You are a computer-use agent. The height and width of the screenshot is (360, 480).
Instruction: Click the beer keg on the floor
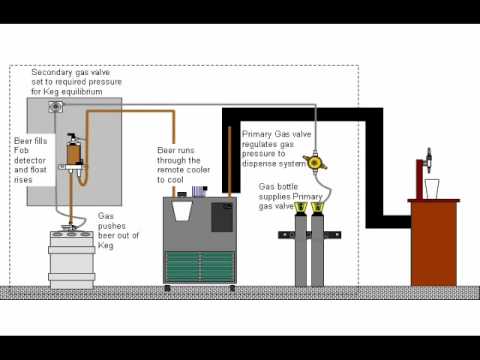coord(72,258)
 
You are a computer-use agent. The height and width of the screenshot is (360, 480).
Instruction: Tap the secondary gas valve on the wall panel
coord(55,107)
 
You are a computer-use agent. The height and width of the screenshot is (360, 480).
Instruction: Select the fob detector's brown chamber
coord(74,153)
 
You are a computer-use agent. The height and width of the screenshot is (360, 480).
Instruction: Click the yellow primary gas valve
coord(314,162)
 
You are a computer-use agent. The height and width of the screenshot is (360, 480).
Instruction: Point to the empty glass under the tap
coord(432,189)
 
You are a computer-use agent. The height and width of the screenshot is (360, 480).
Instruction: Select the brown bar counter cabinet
coord(434,242)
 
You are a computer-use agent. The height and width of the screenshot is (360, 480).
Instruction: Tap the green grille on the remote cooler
coord(200,267)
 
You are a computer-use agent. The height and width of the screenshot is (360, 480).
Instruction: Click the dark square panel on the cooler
coord(222,217)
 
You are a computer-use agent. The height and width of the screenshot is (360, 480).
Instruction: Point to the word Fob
coord(21,150)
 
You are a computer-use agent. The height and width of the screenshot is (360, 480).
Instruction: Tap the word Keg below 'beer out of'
coord(106,246)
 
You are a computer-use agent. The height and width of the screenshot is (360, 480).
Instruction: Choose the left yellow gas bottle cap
coord(301,208)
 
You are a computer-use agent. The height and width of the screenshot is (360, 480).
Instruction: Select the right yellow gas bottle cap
coord(317,208)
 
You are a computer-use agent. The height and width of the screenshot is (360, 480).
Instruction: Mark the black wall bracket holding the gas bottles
coord(310,235)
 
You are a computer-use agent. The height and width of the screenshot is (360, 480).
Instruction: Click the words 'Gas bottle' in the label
coord(278,186)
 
